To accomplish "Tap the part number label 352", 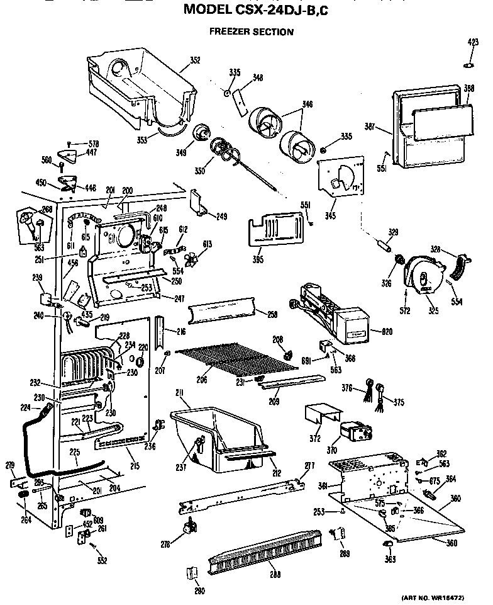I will (x=195, y=61).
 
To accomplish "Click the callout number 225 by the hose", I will (x=74, y=451).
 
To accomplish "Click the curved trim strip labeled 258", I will (x=223, y=310).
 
